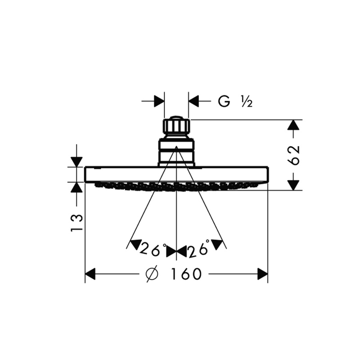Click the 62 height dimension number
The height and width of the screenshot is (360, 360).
point(294,155)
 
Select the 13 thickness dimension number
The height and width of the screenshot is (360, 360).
point(76,223)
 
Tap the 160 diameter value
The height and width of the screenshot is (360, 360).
point(186,274)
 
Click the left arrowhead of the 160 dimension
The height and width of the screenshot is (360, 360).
point(90,274)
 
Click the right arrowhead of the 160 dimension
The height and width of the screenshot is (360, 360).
point(263,274)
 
